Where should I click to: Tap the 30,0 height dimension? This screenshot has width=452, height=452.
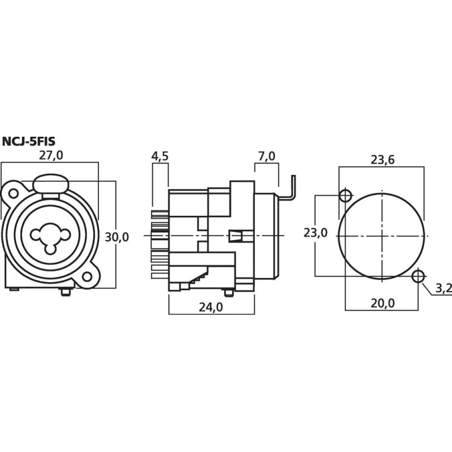(x=117, y=237)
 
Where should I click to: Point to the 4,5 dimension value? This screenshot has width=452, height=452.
(x=160, y=157)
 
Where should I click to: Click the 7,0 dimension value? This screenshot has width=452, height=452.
(x=266, y=157)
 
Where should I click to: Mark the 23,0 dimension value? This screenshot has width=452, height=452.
(x=315, y=233)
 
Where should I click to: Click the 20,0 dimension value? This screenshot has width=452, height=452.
(x=383, y=303)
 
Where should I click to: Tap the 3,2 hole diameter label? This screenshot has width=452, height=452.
(x=444, y=289)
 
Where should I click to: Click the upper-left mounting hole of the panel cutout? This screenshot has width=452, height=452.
(x=345, y=196)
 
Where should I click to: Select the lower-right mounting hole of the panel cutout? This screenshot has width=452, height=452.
(x=419, y=276)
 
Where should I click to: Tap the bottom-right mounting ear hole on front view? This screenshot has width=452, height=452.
(x=86, y=277)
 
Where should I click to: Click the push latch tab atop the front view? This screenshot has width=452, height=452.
(x=50, y=184)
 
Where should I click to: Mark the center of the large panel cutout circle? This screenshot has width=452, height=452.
(x=382, y=236)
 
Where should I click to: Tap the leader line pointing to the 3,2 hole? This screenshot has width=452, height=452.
(x=428, y=285)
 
